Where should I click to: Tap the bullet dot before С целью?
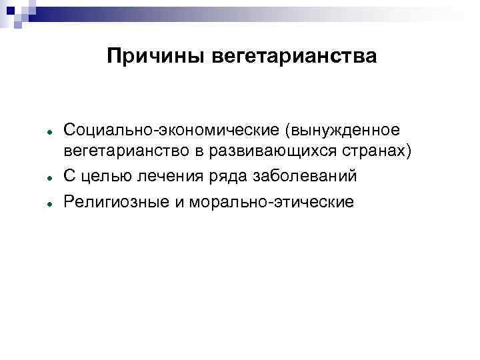coord(50,178)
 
